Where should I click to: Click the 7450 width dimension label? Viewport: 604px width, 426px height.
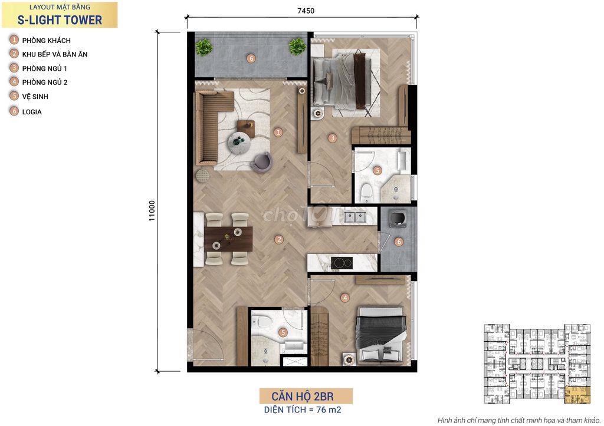[306, 11]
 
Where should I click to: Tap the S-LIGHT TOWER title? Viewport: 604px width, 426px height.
[60, 20]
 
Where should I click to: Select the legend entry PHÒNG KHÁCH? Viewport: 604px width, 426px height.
[46, 41]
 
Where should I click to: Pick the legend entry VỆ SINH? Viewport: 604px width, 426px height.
[35, 97]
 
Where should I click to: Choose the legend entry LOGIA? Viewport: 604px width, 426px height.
[32, 112]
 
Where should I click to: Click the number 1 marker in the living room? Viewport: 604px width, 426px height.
[278, 133]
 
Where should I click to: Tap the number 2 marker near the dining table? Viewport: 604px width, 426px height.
[279, 240]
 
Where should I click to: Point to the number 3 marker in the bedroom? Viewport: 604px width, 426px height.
[332, 138]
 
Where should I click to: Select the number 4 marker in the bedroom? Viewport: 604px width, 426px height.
[344, 298]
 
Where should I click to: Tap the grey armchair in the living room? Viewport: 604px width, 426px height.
[262, 162]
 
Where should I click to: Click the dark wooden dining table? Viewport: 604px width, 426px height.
[228, 239]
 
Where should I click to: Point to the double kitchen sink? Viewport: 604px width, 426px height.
[354, 217]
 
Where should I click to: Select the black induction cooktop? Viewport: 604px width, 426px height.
[342, 263]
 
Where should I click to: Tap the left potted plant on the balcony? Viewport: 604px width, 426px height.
[203, 47]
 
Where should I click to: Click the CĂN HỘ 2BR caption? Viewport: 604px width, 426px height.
[303, 396]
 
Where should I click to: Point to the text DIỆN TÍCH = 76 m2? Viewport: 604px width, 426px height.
[303, 410]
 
